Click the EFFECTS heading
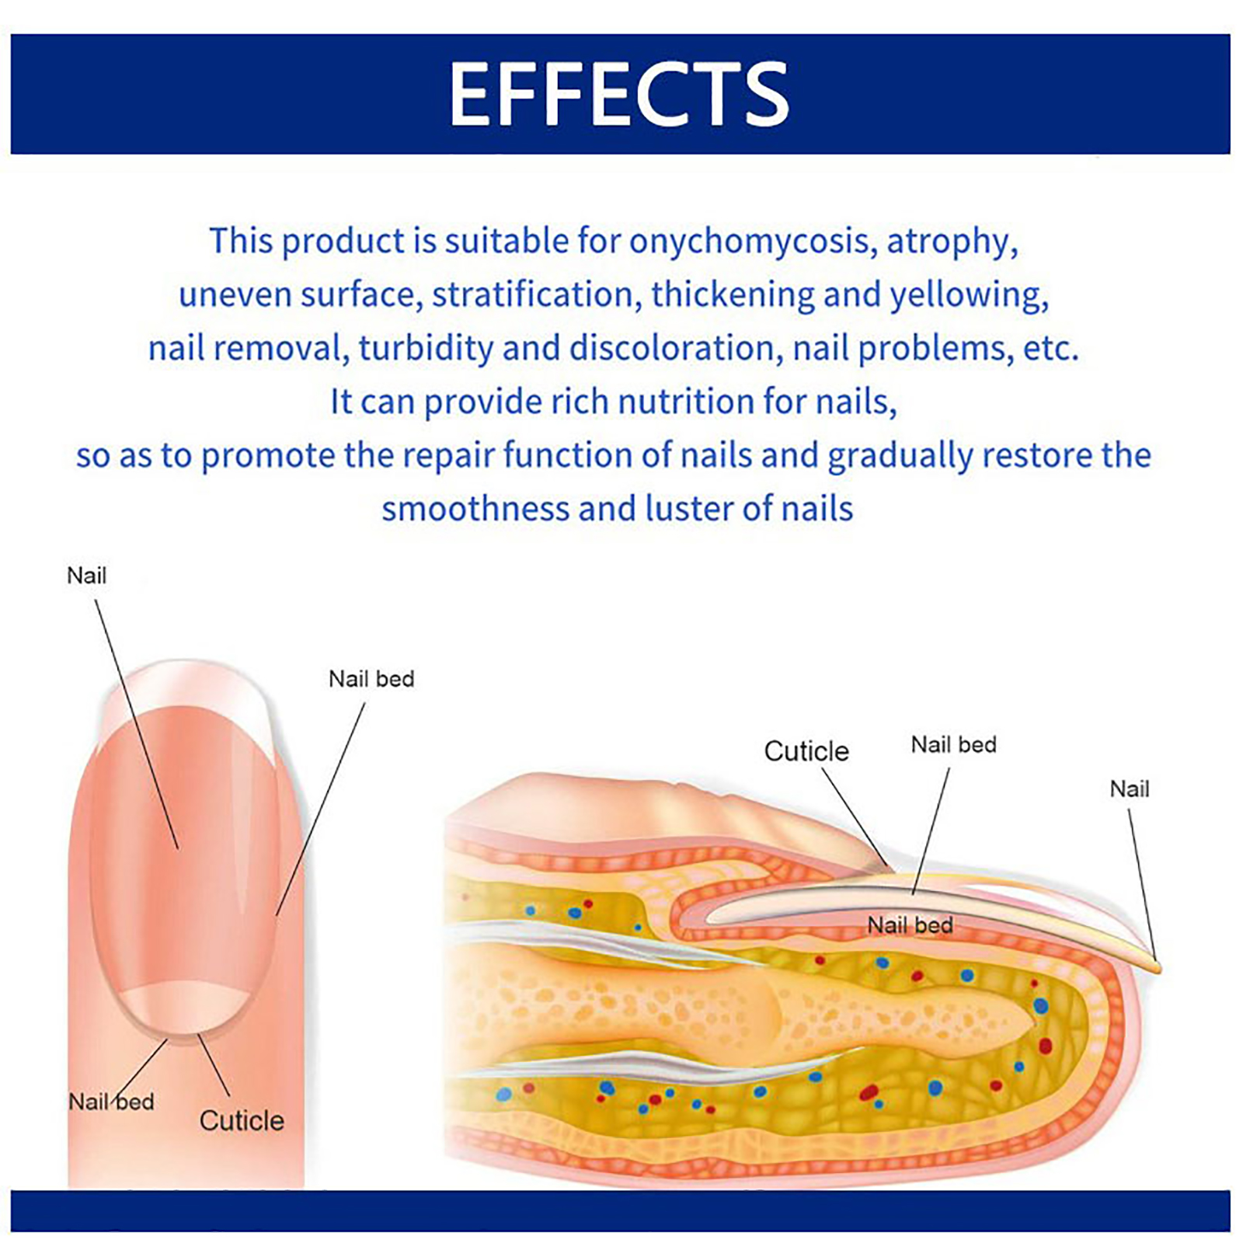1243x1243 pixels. click(x=619, y=93)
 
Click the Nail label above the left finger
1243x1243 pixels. click(x=86, y=576)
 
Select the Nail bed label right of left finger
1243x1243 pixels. click(x=371, y=679)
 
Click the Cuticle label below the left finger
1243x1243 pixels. click(x=242, y=1120)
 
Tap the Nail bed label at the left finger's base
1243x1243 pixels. click(x=111, y=1102)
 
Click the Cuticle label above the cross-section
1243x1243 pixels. click(x=806, y=751)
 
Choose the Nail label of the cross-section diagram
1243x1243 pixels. click(x=1129, y=789)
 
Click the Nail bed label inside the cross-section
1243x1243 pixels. click(x=910, y=925)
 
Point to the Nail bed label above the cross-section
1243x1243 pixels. click(x=953, y=744)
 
